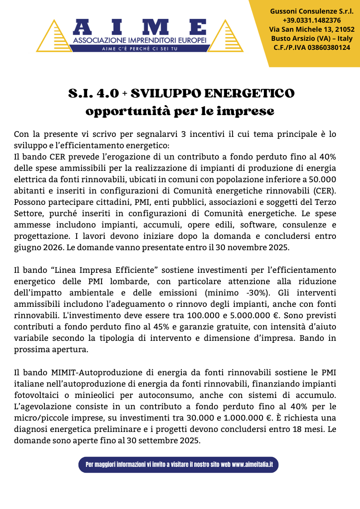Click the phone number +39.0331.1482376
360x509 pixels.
pyautogui.click(x=311, y=20)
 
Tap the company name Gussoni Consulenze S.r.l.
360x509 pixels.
pyautogui.click(x=311, y=11)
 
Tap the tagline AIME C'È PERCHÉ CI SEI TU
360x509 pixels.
pyautogui.click(x=140, y=48)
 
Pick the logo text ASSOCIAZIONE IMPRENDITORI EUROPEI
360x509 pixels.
pyautogui.click(x=140, y=41)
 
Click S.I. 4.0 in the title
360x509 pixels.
pyautogui.click(x=93, y=93)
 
